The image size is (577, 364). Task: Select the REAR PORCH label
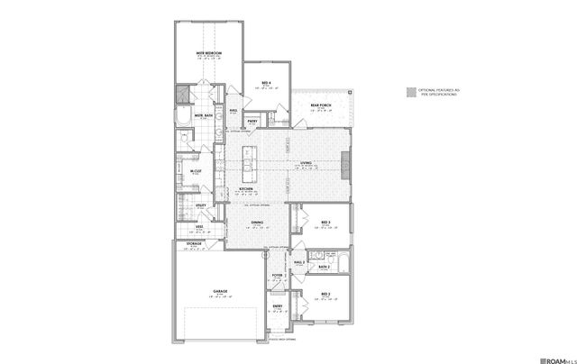point(323,105)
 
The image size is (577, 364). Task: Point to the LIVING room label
point(306,162)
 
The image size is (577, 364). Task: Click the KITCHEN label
point(245,188)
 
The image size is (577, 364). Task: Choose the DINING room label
point(257,222)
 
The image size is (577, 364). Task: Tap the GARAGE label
point(219,291)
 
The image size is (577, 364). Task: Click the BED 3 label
point(325,222)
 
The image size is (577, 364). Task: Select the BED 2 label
point(325,294)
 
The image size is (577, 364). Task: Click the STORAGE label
point(194,243)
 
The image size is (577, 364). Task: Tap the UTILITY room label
point(202,205)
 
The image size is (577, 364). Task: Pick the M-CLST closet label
point(194,170)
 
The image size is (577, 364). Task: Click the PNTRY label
point(252,121)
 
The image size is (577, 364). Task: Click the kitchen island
point(247,163)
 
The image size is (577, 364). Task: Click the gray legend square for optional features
point(411,92)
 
